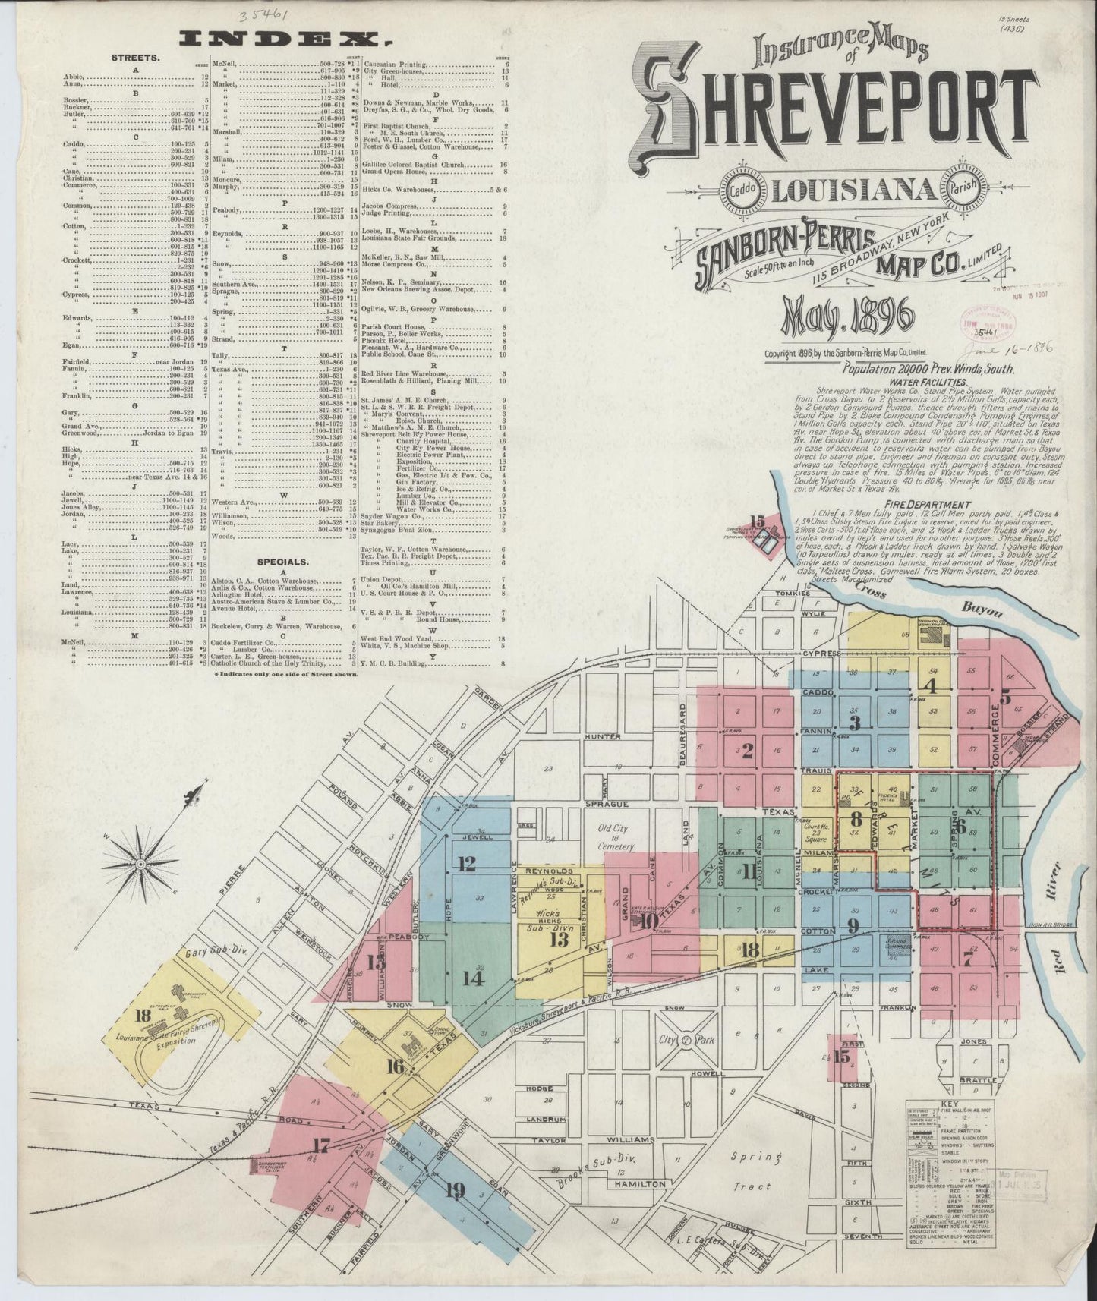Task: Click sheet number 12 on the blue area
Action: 466,863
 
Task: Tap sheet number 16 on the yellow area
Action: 394,1066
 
